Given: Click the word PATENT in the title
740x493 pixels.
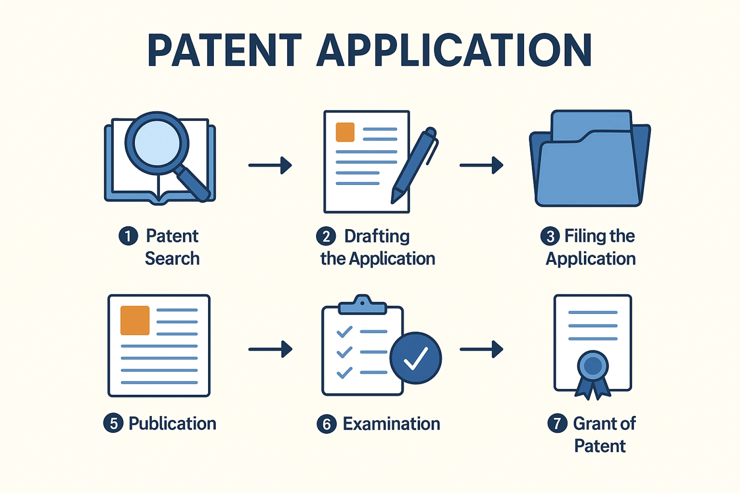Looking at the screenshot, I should click(224, 50).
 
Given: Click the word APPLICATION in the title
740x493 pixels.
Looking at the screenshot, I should click(454, 50).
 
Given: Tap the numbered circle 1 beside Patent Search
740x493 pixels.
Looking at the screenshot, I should click(128, 236).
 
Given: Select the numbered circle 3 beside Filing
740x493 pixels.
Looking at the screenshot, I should click(550, 236).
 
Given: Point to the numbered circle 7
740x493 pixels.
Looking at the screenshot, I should click(557, 423).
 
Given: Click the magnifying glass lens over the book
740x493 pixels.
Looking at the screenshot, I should click(157, 143).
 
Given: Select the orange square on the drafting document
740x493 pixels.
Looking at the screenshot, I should click(345, 132).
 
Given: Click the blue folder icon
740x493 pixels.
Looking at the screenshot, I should click(590, 162).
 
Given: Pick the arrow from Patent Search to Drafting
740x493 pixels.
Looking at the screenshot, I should click(270, 165).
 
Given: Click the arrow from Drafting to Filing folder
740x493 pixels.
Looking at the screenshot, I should click(481, 165).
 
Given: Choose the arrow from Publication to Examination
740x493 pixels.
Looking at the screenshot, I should click(270, 349).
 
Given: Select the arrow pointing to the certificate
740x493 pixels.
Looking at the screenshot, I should click(481, 349).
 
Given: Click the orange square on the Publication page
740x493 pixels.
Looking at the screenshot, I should click(135, 320).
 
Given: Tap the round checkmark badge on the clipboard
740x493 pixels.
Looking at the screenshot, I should click(415, 358).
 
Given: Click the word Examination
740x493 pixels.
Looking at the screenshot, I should click(391, 424).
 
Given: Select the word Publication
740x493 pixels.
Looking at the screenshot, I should click(172, 424).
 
